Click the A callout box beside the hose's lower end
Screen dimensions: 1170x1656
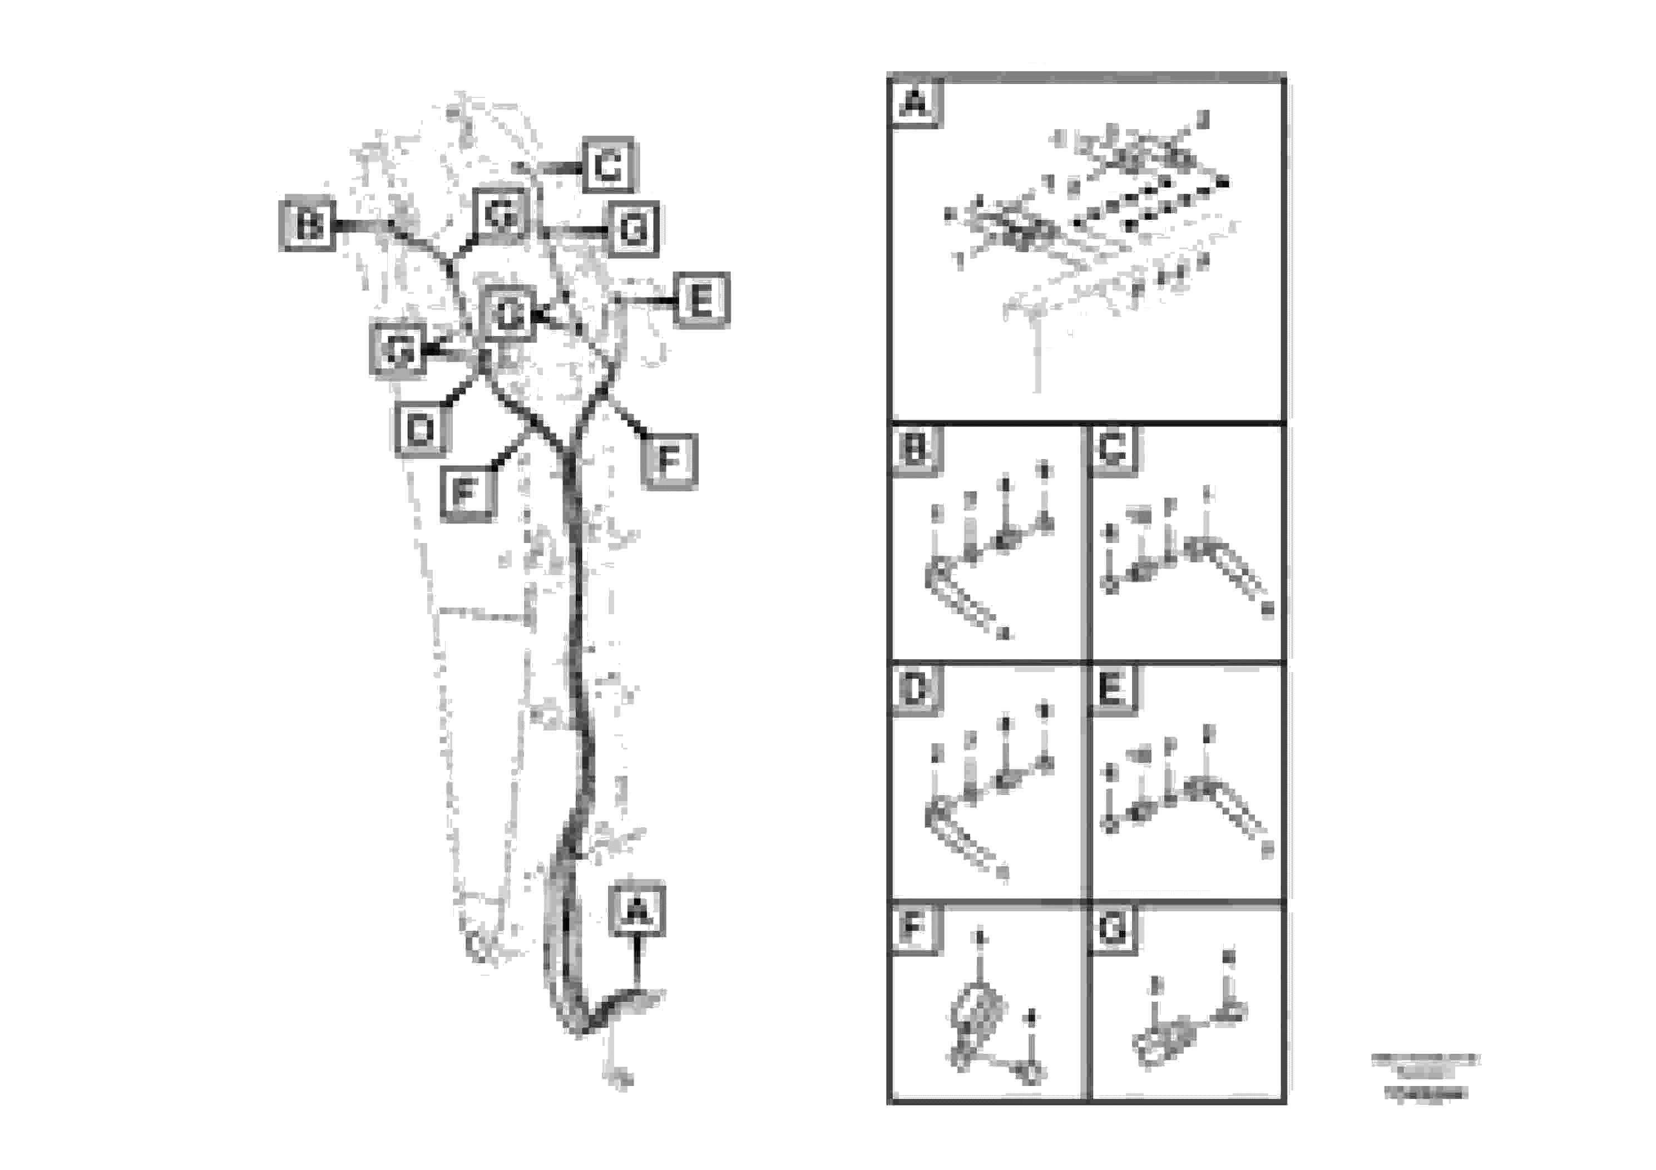point(636,910)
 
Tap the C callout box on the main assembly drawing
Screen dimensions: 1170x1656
point(608,165)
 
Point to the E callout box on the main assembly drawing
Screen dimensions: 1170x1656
point(701,299)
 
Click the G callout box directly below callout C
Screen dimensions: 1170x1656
point(633,229)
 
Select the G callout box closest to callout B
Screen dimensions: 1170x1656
point(501,214)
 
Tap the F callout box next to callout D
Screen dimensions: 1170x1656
point(467,493)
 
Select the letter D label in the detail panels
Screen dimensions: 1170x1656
point(914,689)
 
